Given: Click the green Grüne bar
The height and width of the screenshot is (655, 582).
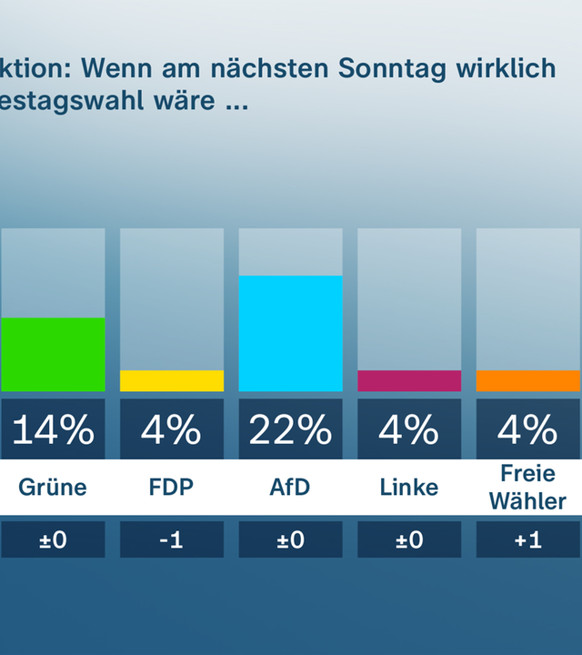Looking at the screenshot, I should coord(52,355).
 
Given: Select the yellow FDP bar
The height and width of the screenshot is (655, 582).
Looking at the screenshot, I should coord(172,381).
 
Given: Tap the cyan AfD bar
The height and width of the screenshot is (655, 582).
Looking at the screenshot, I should coord(291,334).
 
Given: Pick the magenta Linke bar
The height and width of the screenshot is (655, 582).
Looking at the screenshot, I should coord(409,381).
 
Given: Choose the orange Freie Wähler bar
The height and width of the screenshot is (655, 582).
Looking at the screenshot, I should coord(528,381).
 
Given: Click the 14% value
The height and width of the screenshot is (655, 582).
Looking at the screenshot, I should coord(52,429).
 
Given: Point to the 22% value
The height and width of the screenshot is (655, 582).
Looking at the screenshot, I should coord(291,429).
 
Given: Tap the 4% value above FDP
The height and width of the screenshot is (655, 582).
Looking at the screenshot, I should coord(172,429).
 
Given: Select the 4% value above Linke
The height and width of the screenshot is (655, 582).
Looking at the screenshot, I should coord(409,429).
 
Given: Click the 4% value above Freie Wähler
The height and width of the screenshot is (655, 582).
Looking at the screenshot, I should coord(528,429).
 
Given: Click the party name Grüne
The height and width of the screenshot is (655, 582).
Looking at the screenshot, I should coord(53,488).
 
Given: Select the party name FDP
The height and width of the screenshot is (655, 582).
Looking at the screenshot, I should coord(172,488).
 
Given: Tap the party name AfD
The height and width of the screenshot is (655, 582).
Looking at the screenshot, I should coord(290,488).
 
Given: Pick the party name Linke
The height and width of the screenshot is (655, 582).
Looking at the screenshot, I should coord(409,488).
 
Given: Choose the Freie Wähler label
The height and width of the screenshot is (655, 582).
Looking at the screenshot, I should coord(528,488).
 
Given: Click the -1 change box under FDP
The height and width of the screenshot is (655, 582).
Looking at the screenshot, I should coord(172,539).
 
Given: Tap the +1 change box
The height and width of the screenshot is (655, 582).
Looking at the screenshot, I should coord(528,539).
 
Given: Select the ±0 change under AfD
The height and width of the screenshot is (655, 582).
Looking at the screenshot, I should coord(291,539).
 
